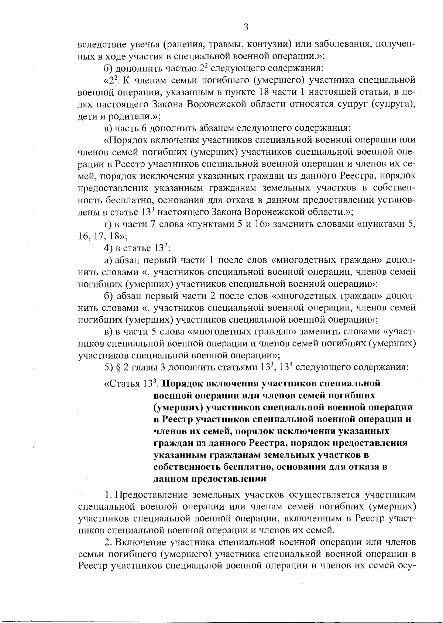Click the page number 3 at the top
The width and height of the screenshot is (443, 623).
pyautogui.click(x=246, y=27)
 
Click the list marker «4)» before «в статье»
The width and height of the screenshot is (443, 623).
pyautogui.click(x=108, y=248)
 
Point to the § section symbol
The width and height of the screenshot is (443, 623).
pyautogui.click(x=119, y=367)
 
